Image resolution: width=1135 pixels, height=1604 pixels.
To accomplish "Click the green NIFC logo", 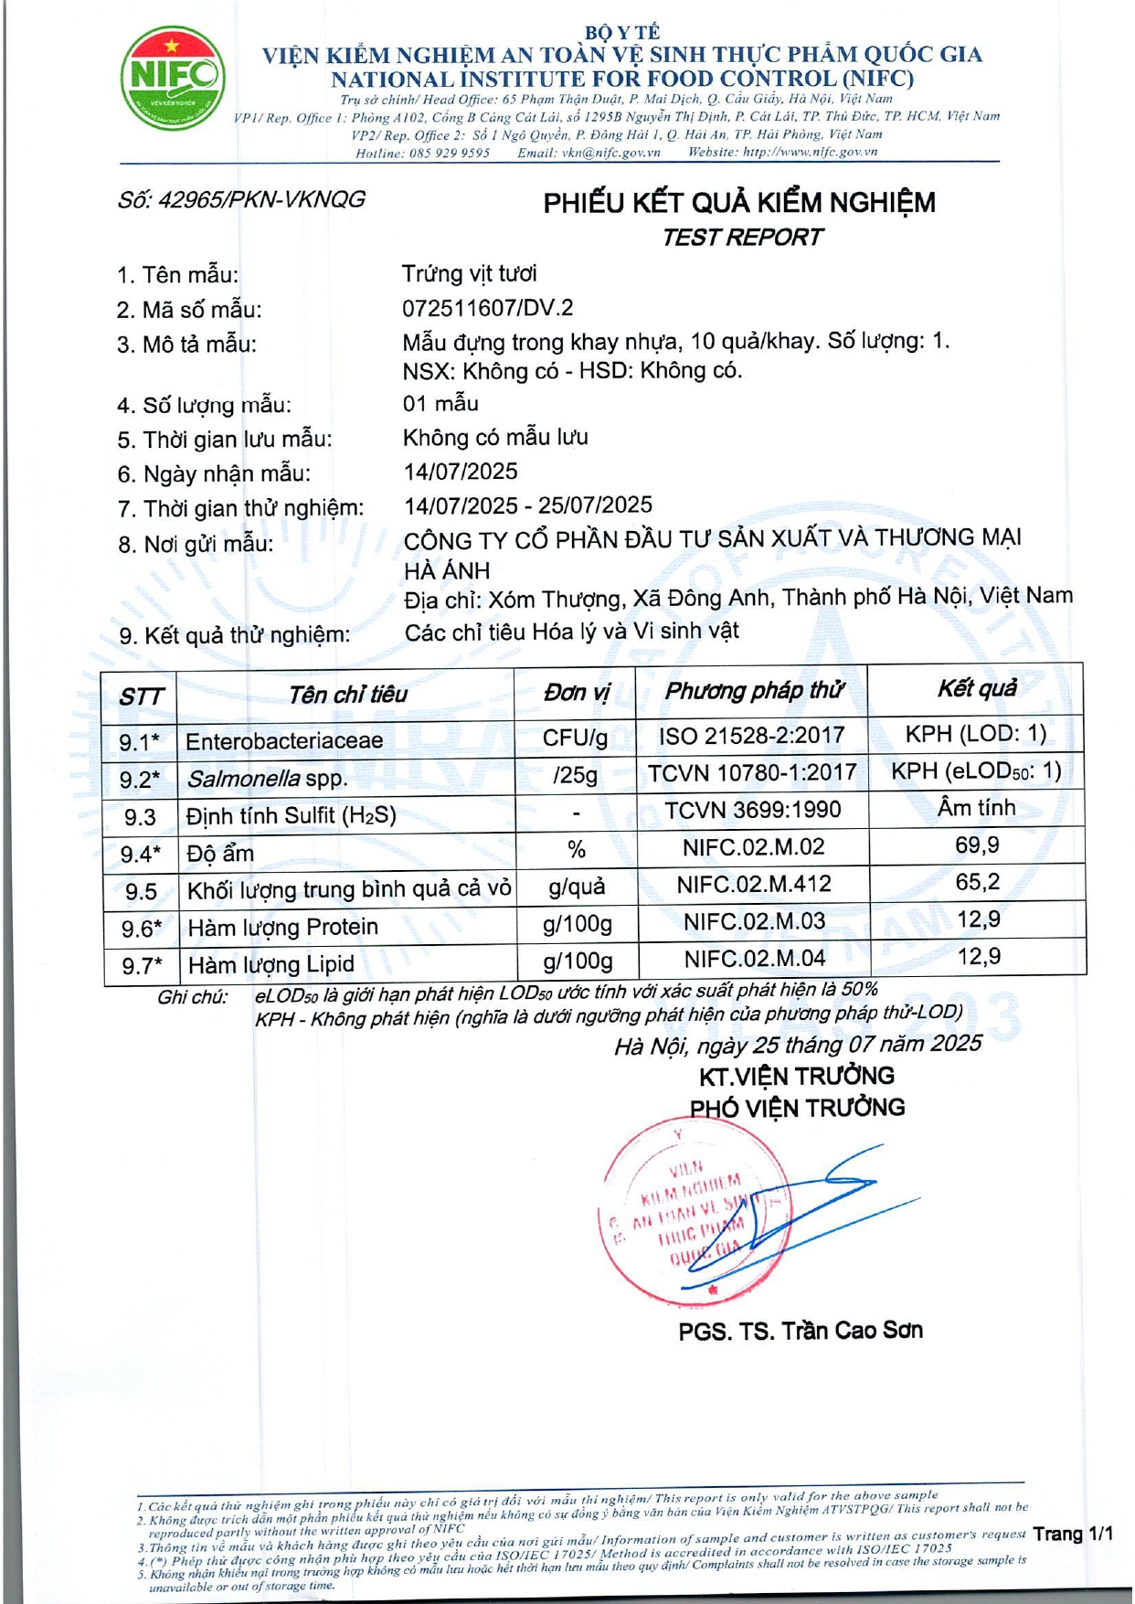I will pyautogui.click(x=173, y=78).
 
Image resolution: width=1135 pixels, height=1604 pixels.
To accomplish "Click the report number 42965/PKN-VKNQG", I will pyautogui.click(x=242, y=199).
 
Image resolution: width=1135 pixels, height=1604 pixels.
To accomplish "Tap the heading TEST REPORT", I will pyautogui.click(x=741, y=238).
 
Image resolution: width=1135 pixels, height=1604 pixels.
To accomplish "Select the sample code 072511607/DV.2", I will pyautogui.click(x=488, y=308).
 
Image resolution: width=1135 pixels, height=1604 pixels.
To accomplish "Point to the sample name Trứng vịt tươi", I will pyautogui.click(x=470, y=273).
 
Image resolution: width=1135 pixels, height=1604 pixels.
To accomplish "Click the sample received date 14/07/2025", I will pyautogui.click(x=461, y=472).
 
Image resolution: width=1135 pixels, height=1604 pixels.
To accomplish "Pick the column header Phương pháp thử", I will pyautogui.click(x=753, y=691).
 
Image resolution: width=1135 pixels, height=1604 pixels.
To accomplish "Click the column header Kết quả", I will pyautogui.click(x=977, y=688).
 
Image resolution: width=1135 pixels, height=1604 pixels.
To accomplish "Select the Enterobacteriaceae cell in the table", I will pyautogui.click(x=284, y=740).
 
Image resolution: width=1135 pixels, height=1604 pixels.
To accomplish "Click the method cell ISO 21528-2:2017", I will pyautogui.click(x=752, y=736).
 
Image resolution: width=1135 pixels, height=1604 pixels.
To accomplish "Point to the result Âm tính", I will pyautogui.click(x=977, y=808).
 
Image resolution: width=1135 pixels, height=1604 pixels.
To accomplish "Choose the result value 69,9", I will pyautogui.click(x=977, y=845).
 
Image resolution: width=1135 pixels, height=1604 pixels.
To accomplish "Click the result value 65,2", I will pyautogui.click(x=977, y=883).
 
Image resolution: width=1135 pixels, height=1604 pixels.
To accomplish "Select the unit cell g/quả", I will pyautogui.click(x=577, y=887).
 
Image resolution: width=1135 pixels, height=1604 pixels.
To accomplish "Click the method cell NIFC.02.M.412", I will pyautogui.click(x=754, y=884).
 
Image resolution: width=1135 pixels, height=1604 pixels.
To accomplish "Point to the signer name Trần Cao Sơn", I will pyautogui.click(x=851, y=1331).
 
